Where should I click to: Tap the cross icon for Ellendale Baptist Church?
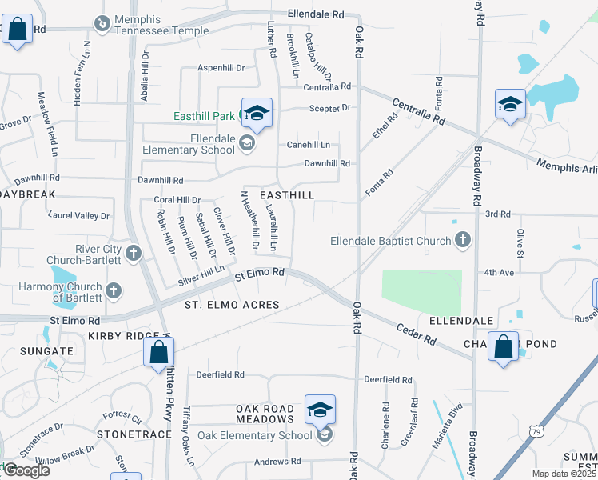click(x=461, y=239)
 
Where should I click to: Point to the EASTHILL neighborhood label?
click(x=285, y=195)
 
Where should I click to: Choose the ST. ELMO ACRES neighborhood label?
click(x=232, y=305)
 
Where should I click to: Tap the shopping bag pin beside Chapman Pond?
click(x=503, y=348)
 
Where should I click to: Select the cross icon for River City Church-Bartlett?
click(x=133, y=254)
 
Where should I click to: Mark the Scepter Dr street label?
click(x=329, y=108)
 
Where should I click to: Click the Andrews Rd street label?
click(x=277, y=462)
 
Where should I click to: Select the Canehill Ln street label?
click(x=309, y=145)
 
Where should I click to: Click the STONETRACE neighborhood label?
click(x=134, y=434)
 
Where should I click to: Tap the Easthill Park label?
click(x=205, y=116)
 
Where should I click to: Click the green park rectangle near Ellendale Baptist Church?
click(x=421, y=293)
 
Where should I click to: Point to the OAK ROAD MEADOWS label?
click(x=265, y=414)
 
